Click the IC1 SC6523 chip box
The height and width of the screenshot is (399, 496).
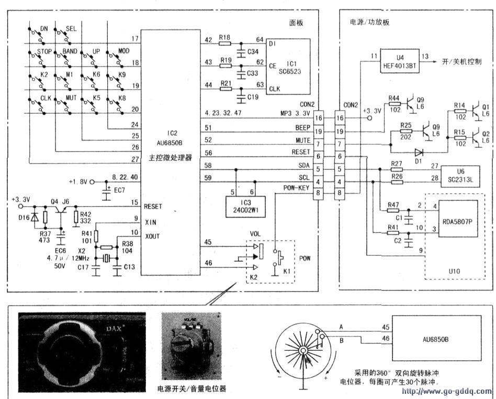pos(288,65)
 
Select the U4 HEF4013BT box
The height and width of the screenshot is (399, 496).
pos(400,61)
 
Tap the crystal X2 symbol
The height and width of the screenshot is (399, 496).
pos(106,258)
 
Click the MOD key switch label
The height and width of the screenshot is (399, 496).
pos(124,51)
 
